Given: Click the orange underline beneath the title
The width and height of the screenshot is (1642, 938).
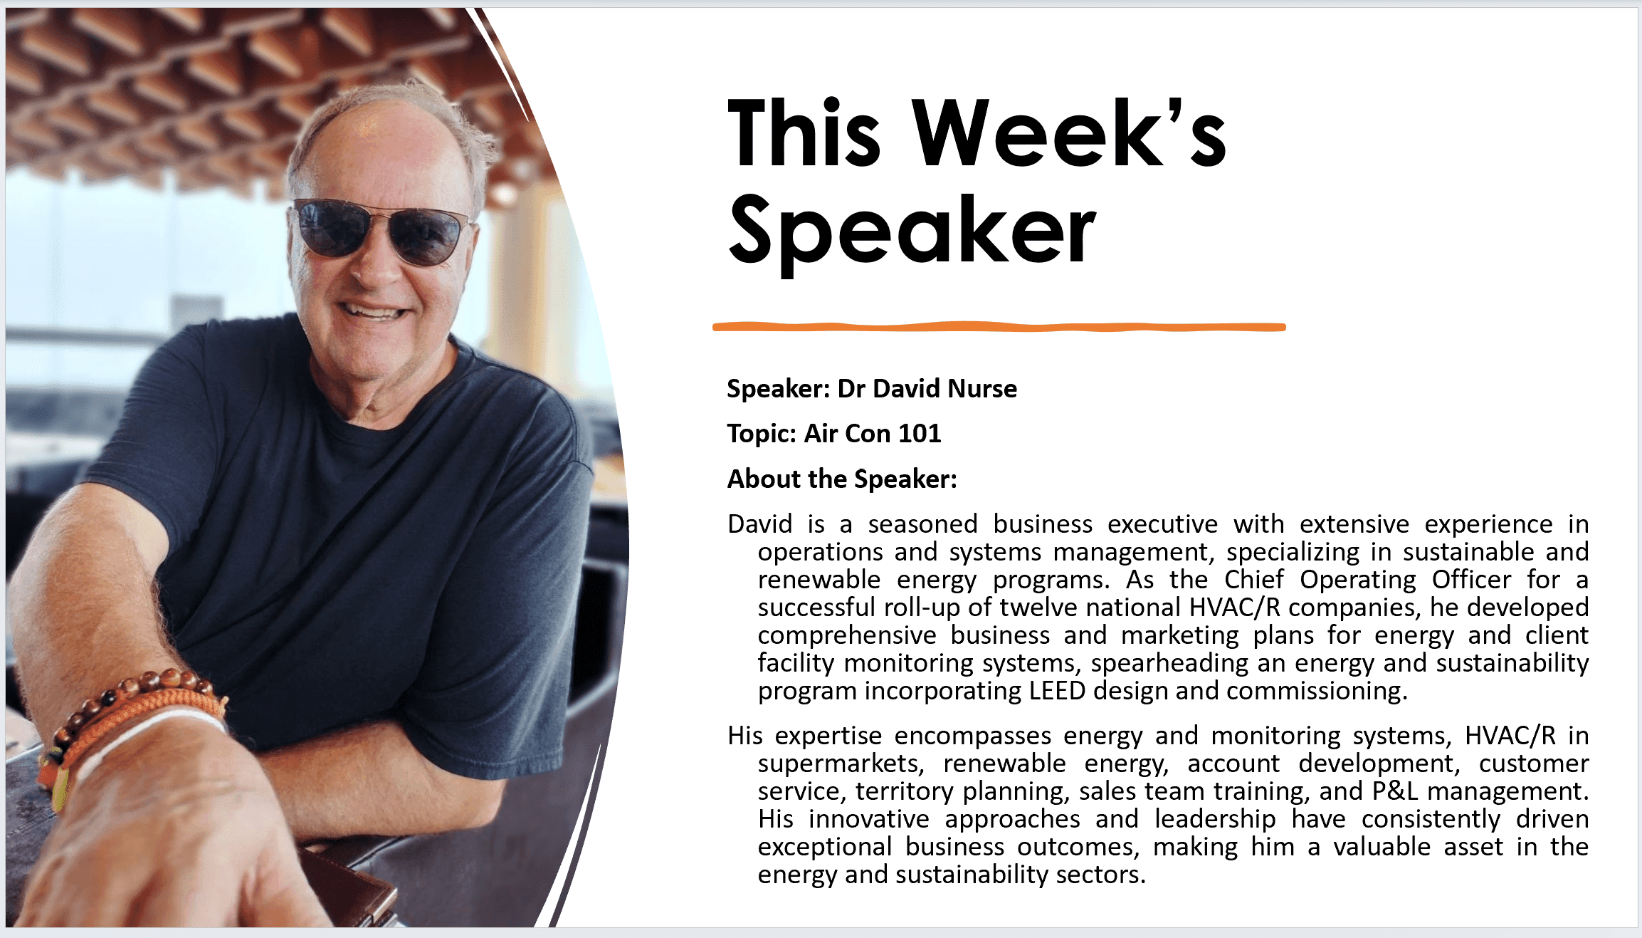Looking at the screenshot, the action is (x=999, y=327).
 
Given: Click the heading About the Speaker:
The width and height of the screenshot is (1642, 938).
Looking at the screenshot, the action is (x=842, y=479).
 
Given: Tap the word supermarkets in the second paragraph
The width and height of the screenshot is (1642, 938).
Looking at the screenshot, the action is (x=841, y=764).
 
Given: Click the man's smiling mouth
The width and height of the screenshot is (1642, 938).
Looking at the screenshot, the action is (x=373, y=311).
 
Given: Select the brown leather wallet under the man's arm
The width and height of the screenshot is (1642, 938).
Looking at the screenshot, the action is (x=349, y=883).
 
